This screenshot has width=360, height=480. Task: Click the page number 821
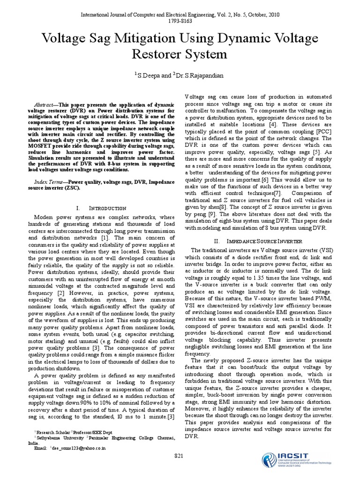pos(179,456)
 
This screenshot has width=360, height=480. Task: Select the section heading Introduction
pos(107,207)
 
